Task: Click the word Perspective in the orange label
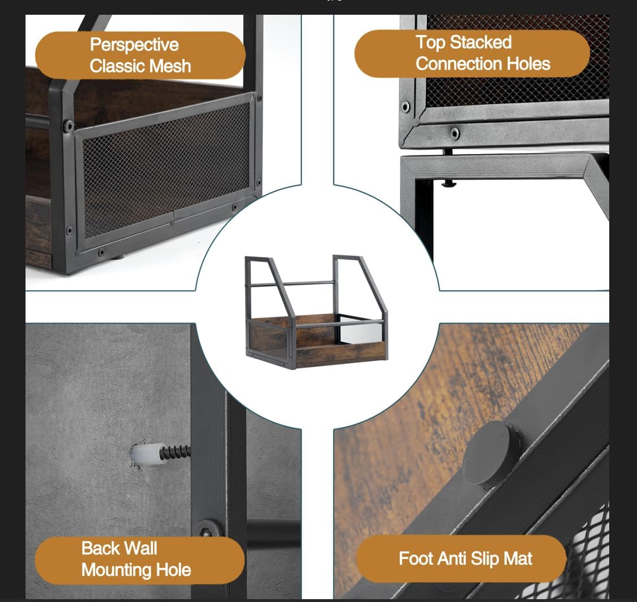click(134, 45)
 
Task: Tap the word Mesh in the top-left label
click(169, 66)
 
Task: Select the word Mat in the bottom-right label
click(518, 558)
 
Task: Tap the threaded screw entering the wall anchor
click(176, 452)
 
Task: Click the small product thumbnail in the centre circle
click(316, 312)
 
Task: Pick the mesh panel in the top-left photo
click(166, 169)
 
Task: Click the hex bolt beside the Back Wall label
click(206, 531)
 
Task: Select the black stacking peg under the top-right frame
click(448, 183)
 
